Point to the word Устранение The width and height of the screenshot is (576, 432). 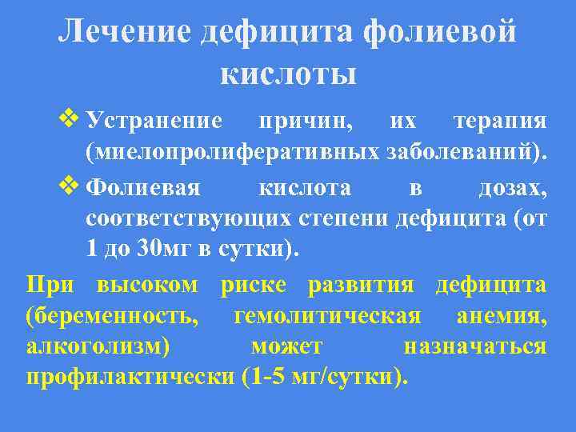tap(154, 122)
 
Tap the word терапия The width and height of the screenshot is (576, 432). tap(500, 122)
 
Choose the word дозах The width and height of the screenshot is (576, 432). tap(512, 188)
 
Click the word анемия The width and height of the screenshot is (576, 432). tap(502, 316)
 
